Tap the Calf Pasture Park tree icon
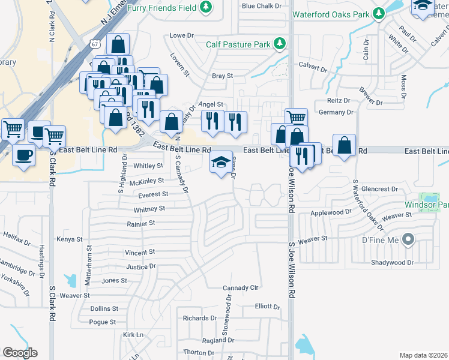tap(279, 43)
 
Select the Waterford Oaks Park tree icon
tap(378, 13)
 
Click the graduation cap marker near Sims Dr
tap(220, 163)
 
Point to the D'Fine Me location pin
tap(408, 240)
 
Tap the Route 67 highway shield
tap(95, 43)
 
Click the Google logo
tap(20, 353)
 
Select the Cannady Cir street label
tap(240, 288)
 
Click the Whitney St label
tap(149, 209)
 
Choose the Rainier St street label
tap(141, 223)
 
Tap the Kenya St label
tap(69, 239)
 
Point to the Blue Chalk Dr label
tap(262, 6)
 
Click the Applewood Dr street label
tap(331, 212)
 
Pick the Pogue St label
tap(102, 322)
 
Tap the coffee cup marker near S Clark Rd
tap(23, 156)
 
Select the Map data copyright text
tap(423, 355)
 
